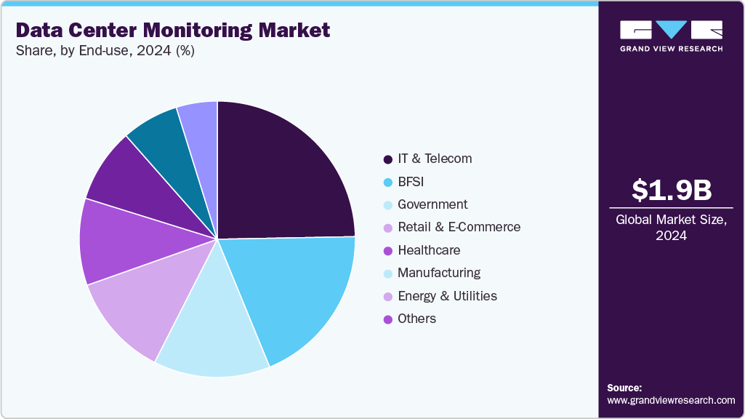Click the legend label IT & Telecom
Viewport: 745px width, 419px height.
(x=435, y=159)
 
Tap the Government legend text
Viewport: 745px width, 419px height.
(x=432, y=204)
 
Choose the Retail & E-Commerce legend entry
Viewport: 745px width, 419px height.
(x=459, y=227)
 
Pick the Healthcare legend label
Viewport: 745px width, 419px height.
(x=429, y=250)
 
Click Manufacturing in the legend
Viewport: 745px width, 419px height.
(x=439, y=273)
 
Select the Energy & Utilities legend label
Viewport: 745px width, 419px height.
(x=447, y=296)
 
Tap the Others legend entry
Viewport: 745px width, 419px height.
(x=416, y=319)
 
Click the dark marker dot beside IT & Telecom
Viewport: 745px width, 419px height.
(x=387, y=159)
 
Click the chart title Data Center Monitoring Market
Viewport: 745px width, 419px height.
(x=172, y=30)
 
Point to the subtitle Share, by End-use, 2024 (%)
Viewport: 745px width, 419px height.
(x=105, y=51)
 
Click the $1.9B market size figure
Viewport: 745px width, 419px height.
(x=671, y=190)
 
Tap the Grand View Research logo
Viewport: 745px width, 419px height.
(x=671, y=36)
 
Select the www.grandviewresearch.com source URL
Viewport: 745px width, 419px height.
(x=671, y=400)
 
